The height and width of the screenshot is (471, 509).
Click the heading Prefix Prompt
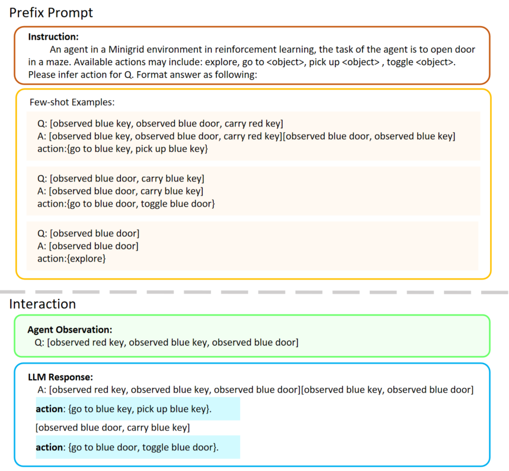coord(51,12)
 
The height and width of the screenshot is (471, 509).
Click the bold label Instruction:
coord(53,37)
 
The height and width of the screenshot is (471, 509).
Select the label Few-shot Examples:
coord(72,102)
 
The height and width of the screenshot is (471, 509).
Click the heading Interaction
coord(42,304)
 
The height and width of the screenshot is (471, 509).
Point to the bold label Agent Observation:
coord(70,329)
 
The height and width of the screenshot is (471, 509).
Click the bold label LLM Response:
coord(60,377)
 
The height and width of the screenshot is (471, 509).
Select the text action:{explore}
coord(71,259)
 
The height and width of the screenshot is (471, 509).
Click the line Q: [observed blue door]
coord(88,233)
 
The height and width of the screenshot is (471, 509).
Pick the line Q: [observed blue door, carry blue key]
coord(120,178)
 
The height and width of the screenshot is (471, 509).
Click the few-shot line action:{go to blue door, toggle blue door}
coord(126,204)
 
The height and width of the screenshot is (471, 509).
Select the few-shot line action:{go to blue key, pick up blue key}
coord(122,149)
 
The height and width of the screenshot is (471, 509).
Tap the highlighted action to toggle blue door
coord(127,447)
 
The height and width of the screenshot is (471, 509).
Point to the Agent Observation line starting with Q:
coord(167,342)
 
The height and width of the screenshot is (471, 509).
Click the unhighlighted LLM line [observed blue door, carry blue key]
coord(113,428)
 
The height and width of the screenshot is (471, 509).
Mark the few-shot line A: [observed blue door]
coord(88,246)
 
